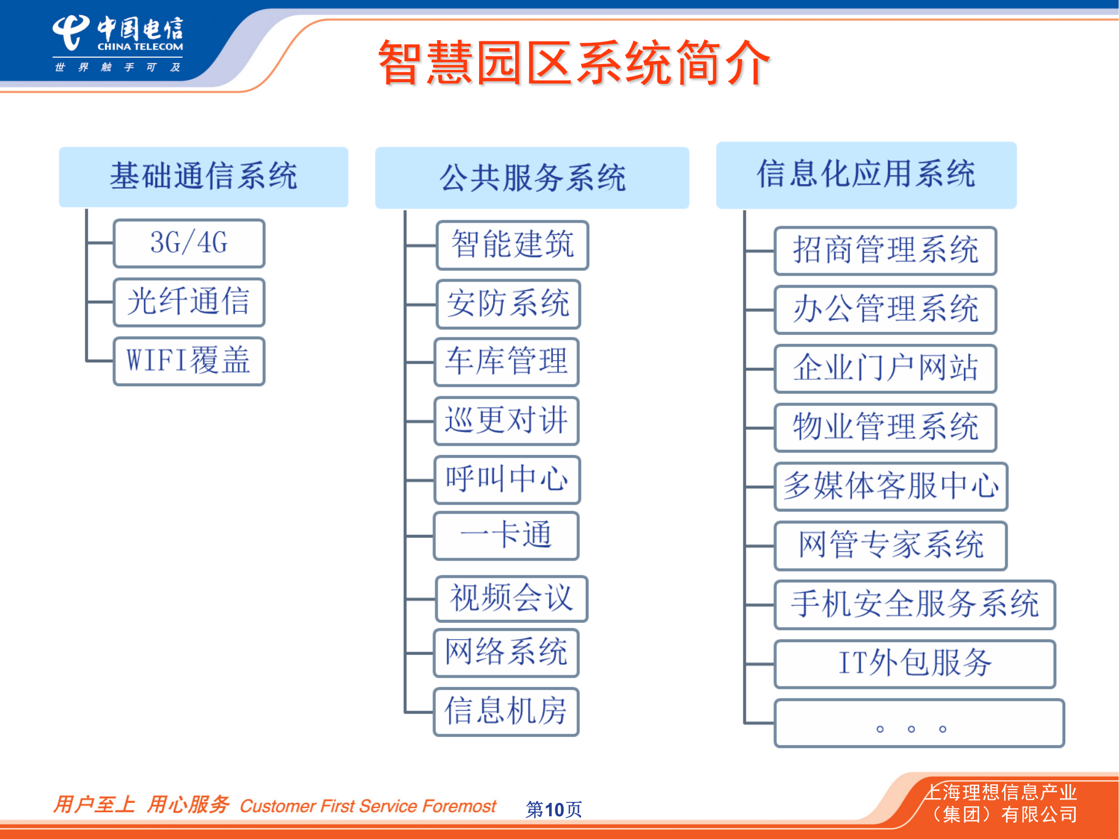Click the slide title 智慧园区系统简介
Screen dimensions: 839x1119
(574, 63)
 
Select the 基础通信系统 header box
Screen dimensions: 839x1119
(203, 177)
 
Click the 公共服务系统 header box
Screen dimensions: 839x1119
(532, 178)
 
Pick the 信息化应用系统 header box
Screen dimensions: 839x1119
(866, 175)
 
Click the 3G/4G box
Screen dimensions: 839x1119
(189, 243)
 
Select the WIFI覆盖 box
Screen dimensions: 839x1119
(189, 361)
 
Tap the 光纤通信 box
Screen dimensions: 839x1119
(189, 302)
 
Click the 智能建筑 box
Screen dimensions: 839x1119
(512, 245)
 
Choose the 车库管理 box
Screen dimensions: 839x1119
(506, 362)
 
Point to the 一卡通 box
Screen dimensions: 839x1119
(506, 535)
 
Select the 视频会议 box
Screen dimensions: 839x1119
(511, 598)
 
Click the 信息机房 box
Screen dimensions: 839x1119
(506, 711)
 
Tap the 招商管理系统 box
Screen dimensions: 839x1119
(885, 251)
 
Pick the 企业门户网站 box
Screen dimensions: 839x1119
(885, 368)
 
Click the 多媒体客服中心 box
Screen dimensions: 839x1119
(891, 486)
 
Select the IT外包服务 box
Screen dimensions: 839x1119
(914, 664)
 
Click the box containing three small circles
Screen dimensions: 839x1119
(919, 723)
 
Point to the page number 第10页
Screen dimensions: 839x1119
(553, 809)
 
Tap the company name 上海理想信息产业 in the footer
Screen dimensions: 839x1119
(1001, 792)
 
